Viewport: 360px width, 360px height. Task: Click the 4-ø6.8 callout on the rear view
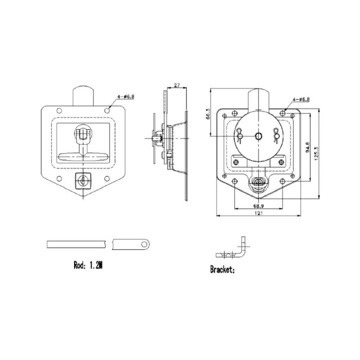point(299,99)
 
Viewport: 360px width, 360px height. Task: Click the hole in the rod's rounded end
point(145,244)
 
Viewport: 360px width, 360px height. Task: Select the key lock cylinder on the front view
point(82,181)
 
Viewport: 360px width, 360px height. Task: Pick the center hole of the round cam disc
point(258,136)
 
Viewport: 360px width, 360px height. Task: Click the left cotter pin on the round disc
point(240,134)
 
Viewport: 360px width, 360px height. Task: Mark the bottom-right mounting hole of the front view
point(106,178)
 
